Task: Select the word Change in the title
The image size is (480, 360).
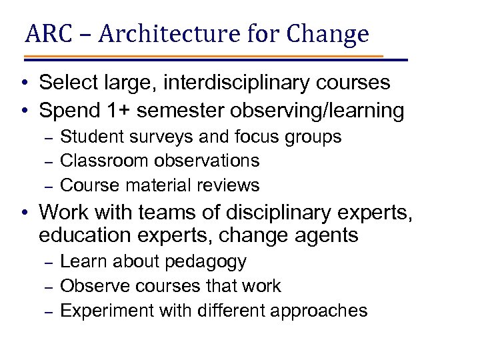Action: click(331, 33)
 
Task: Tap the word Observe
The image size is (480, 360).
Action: click(91, 286)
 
